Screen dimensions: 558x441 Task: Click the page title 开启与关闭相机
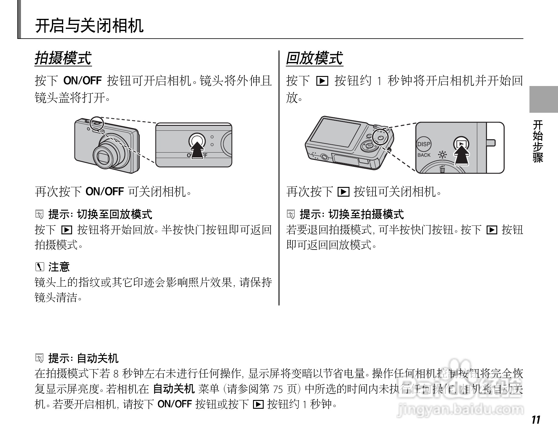pyautogui.click(x=89, y=26)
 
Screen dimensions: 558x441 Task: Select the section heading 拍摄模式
pyautogui.click(x=63, y=58)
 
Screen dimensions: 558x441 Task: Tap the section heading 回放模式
pyautogui.click(x=314, y=58)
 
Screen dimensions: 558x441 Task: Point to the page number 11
pyautogui.click(x=536, y=420)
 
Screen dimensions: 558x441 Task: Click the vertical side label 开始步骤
pyautogui.click(x=538, y=141)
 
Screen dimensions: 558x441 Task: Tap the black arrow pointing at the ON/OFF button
pyautogui.click(x=197, y=150)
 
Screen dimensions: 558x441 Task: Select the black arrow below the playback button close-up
pyautogui.click(x=461, y=156)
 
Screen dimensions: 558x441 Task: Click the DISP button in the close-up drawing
pyautogui.click(x=423, y=144)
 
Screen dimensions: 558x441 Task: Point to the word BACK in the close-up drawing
pyautogui.click(x=424, y=155)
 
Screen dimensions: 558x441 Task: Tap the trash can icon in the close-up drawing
pyautogui.click(x=442, y=168)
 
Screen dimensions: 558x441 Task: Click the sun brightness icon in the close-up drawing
pyautogui.click(x=442, y=155)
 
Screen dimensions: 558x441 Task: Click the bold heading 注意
pyautogui.click(x=59, y=267)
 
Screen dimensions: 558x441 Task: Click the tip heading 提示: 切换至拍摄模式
pyautogui.click(x=352, y=214)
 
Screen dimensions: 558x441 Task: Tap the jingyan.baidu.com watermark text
pyautogui.click(x=460, y=409)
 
